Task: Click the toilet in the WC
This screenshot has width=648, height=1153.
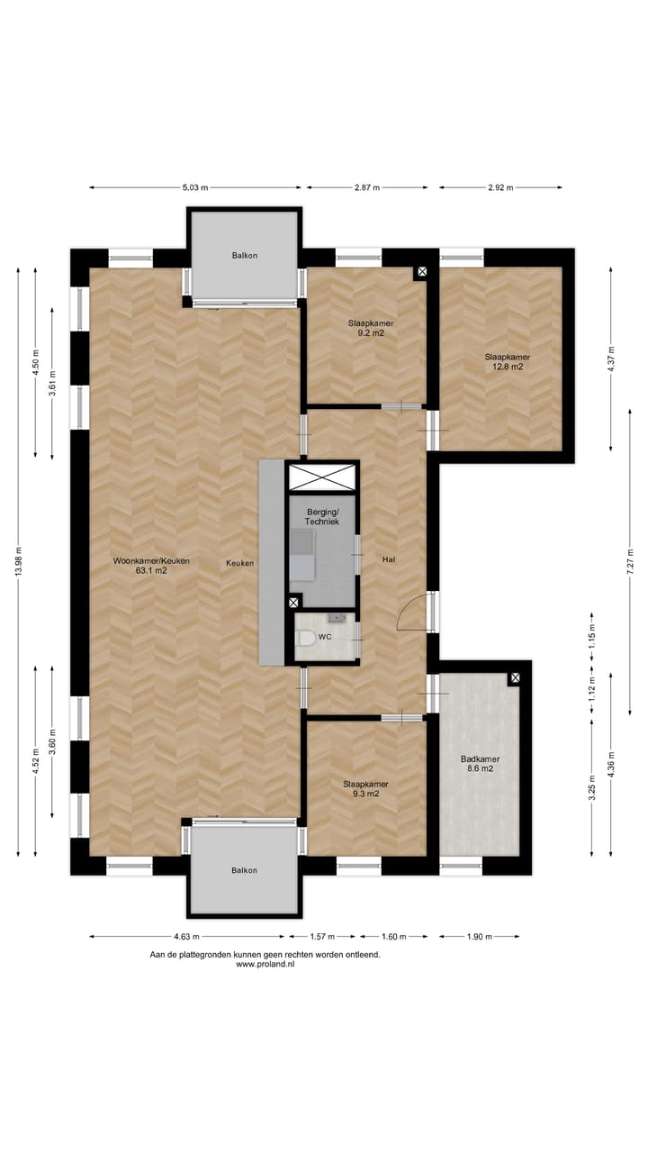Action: (305, 638)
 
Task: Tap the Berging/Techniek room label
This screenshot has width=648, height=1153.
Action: (321, 517)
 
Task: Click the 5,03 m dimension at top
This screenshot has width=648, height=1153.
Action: (195, 187)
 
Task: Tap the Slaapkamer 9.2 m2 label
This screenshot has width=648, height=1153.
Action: (370, 327)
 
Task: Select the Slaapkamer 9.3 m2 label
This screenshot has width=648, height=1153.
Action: (365, 788)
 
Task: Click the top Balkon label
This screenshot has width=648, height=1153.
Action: (244, 255)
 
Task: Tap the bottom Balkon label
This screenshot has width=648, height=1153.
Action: (244, 870)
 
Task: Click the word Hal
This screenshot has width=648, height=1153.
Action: (389, 559)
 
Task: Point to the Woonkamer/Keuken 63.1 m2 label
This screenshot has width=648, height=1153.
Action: (151, 565)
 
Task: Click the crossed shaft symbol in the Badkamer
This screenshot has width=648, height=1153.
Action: (515, 677)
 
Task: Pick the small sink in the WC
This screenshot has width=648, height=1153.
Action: (339, 618)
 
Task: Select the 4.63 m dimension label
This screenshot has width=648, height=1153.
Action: (185, 937)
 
